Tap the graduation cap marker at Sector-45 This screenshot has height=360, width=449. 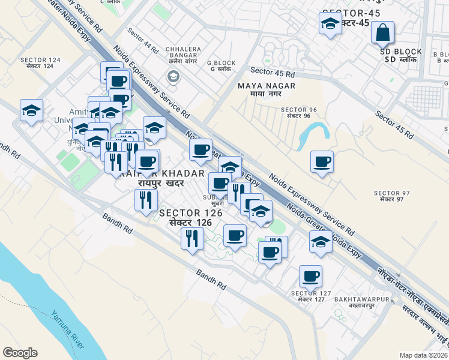329,25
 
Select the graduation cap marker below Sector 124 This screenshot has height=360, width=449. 31,111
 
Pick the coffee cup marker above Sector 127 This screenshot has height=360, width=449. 310,277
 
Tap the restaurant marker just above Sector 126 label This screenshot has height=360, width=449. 145,199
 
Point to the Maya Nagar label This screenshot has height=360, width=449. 267,89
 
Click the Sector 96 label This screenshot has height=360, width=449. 295,112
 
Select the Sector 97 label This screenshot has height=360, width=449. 391,196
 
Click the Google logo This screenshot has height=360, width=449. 20,353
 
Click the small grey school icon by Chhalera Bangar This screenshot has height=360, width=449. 173,76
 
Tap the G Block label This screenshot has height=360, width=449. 221,65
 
